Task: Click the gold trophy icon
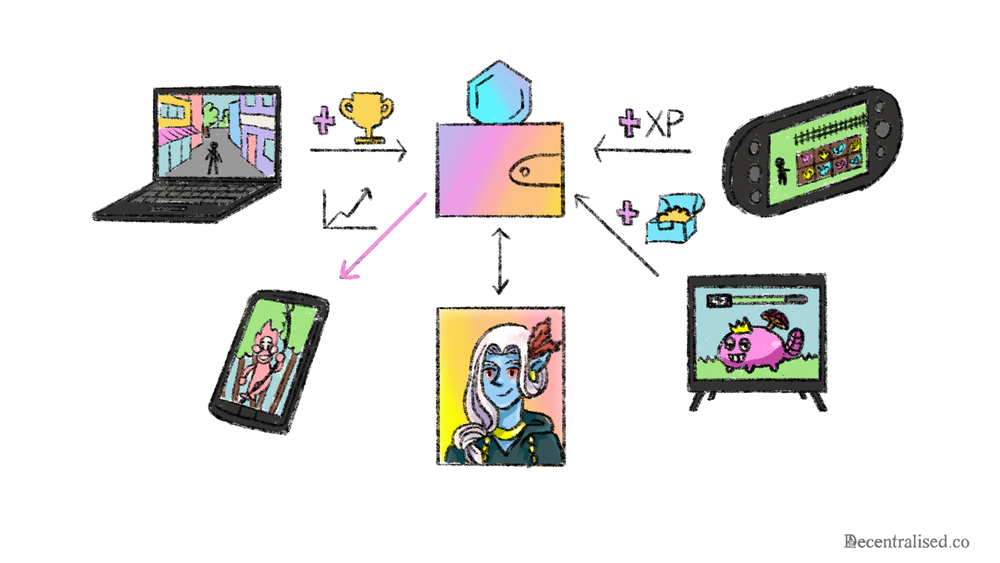point(367,116)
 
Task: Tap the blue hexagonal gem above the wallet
point(499,93)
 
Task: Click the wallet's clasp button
point(525,172)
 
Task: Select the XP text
point(665,123)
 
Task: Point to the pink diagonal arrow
point(381,236)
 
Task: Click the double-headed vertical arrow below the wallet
point(500,261)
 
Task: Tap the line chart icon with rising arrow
point(347,210)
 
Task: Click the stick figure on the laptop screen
point(214,158)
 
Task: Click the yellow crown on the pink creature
point(741,326)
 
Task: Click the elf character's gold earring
point(532,376)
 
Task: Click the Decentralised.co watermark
point(906,542)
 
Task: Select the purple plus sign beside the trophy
point(324,120)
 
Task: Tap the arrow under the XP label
point(642,151)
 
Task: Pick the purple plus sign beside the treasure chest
point(627,213)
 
